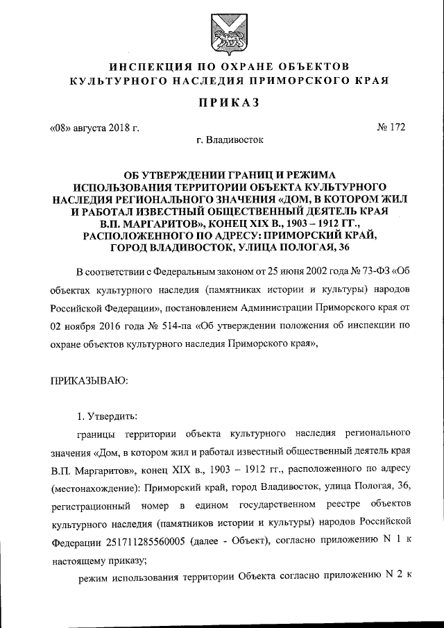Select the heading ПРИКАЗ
[x=221, y=103]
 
